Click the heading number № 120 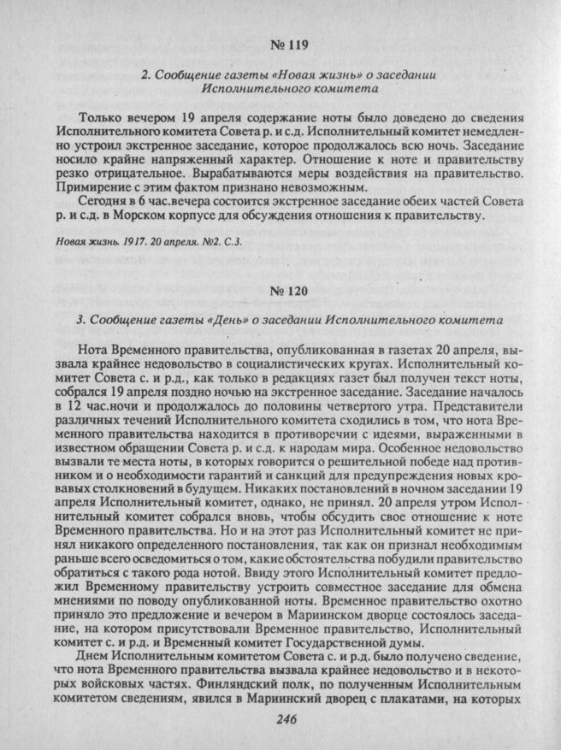coord(287,292)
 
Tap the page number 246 coord(286,722)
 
